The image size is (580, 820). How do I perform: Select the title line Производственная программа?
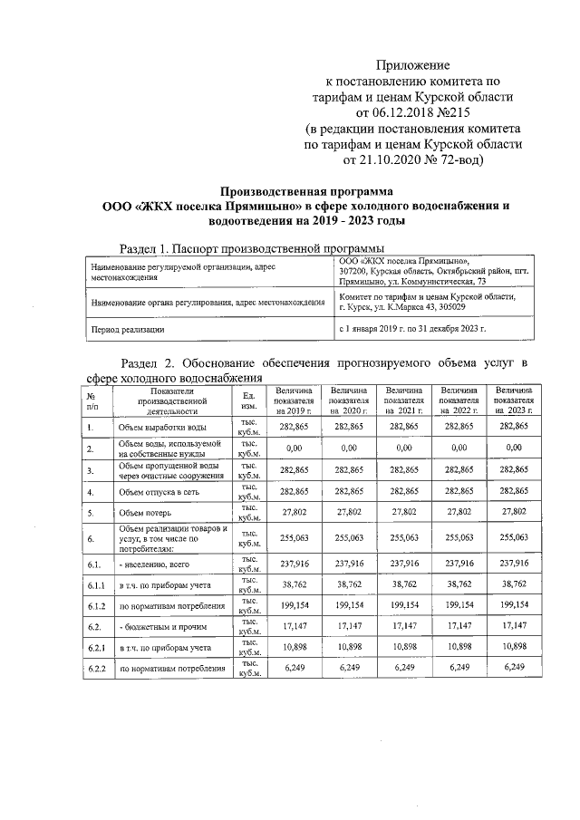click(307, 191)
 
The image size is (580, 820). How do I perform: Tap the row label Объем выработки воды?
click(162, 426)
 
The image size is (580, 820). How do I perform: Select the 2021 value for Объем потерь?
click(404, 512)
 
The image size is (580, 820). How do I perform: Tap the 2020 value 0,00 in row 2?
click(349, 448)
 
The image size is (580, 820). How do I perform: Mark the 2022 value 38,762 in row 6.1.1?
click(459, 584)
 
